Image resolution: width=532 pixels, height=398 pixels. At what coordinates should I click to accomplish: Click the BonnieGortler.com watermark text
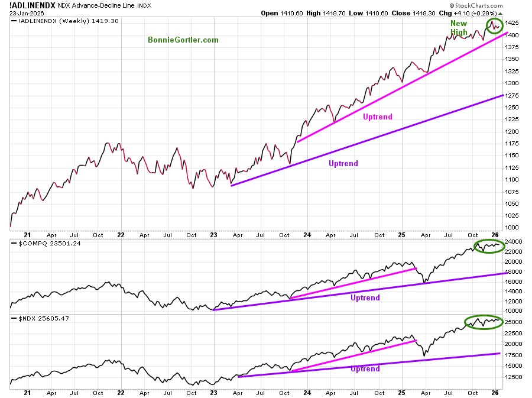(x=183, y=40)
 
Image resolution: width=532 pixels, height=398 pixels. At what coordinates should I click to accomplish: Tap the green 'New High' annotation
(x=459, y=28)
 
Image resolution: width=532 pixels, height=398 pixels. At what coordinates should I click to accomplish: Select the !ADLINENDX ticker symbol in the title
(x=33, y=5)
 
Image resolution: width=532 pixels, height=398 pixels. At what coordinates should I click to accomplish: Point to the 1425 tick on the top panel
(x=512, y=23)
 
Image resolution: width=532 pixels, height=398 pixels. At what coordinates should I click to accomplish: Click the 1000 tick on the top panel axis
(x=512, y=228)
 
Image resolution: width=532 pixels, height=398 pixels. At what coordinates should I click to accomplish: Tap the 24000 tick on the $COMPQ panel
(x=514, y=242)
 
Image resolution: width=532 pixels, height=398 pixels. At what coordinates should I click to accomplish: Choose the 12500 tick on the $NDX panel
(x=514, y=377)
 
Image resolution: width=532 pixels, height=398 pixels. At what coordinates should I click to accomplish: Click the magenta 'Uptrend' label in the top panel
(x=377, y=117)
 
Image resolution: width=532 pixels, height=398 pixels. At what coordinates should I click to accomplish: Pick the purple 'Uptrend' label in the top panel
(x=343, y=164)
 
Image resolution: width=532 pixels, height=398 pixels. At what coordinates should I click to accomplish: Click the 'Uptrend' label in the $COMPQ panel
(x=365, y=298)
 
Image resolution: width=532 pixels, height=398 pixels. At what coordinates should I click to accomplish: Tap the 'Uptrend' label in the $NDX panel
(x=365, y=369)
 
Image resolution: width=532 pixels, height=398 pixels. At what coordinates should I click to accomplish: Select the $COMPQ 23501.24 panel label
(x=41, y=242)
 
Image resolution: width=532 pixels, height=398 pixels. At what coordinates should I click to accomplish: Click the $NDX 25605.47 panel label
(x=37, y=319)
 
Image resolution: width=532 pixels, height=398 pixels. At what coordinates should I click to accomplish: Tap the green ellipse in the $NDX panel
(x=484, y=322)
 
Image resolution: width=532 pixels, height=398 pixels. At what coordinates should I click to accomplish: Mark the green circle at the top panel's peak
(x=495, y=25)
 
